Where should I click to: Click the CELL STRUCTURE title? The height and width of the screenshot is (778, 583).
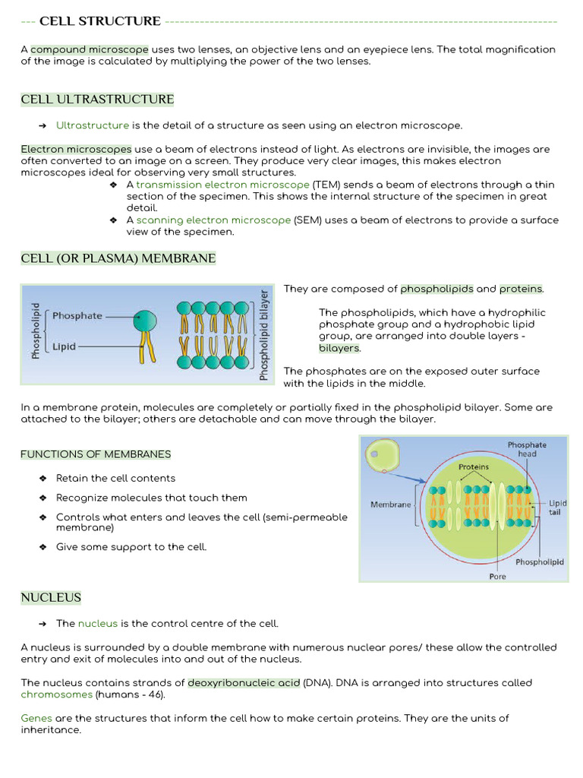[99, 21]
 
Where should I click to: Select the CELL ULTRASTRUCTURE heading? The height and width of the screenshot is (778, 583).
[97, 100]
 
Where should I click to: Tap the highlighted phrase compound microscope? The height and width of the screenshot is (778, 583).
[90, 49]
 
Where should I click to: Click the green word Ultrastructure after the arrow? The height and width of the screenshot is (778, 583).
[93, 125]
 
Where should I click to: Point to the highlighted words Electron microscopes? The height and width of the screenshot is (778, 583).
[76, 149]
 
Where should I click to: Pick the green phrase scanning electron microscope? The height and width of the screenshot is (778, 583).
[213, 220]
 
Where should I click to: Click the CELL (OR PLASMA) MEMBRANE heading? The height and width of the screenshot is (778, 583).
[118, 259]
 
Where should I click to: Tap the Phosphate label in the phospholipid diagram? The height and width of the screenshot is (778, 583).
[77, 316]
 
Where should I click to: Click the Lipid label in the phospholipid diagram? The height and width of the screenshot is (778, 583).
[64, 346]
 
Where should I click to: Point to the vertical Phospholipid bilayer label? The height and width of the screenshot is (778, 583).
[264, 334]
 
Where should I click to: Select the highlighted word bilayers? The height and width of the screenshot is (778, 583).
[339, 348]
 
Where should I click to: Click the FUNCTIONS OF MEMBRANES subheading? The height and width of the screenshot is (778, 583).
[96, 454]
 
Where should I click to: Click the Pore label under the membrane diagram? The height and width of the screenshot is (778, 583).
[497, 576]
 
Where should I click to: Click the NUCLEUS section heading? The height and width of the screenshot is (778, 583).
[51, 598]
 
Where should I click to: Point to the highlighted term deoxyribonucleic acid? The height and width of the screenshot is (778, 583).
[244, 683]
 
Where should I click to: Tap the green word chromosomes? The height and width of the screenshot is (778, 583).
[57, 694]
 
